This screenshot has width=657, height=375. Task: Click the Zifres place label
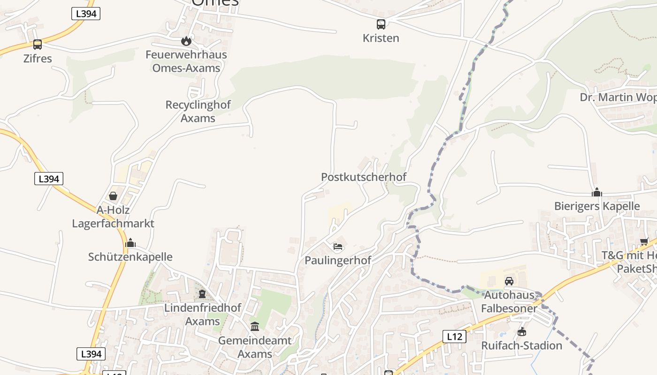38,59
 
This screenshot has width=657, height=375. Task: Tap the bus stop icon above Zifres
38,45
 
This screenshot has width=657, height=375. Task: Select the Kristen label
381,38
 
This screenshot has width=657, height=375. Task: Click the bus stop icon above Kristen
381,24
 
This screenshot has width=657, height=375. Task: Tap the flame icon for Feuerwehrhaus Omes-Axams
186,41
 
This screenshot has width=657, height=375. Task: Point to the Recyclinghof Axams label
198,111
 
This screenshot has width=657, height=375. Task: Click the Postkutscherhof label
364,177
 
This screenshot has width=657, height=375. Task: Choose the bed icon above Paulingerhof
337,247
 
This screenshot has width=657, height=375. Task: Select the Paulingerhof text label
338,260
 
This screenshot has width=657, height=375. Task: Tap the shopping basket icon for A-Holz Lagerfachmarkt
113,196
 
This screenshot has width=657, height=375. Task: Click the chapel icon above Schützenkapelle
130,243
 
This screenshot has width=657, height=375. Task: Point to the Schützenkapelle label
130,257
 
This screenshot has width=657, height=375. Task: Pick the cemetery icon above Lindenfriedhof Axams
202,294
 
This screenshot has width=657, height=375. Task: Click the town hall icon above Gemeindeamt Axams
255,326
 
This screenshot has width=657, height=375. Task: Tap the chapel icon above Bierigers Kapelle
597,192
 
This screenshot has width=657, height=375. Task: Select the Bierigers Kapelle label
597,206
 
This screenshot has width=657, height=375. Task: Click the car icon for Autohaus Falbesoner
509,281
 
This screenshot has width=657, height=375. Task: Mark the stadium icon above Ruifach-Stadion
521,332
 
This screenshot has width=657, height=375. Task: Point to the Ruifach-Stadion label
521,345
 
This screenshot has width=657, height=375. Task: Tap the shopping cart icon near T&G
644,242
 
